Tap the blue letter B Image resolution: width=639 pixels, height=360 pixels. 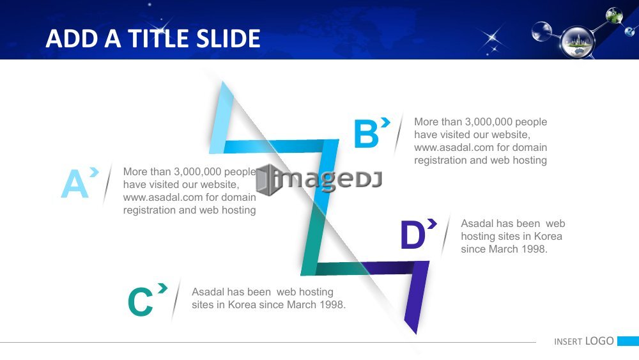(x=366, y=133)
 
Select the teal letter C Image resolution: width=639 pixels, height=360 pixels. (x=140, y=302)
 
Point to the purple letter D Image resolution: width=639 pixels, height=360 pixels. (x=413, y=235)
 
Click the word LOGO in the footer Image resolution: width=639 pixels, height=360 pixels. (x=599, y=341)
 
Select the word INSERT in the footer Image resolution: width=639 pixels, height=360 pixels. (x=567, y=341)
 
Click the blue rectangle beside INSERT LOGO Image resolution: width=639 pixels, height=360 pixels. (x=628, y=341)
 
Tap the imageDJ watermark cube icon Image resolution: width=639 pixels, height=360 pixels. (x=267, y=180)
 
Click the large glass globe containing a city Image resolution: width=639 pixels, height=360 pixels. (x=578, y=42)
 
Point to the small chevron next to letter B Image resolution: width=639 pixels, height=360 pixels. (x=385, y=122)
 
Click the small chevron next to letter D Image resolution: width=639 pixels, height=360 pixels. (x=432, y=223)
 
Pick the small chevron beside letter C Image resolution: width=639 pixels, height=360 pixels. (x=163, y=288)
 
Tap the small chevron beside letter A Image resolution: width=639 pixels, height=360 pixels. (x=94, y=172)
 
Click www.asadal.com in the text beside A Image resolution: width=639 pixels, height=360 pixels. (x=162, y=198)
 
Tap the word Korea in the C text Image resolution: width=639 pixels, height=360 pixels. (x=243, y=305)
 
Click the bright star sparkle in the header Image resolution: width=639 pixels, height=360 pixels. (x=492, y=38)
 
